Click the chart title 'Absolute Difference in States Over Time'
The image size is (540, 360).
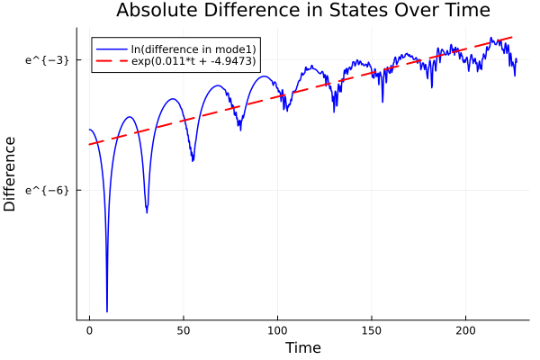(302, 11)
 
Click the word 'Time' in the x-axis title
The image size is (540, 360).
(302, 347)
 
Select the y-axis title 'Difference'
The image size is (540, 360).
(11, 173)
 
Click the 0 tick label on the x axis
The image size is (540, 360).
(89, 331)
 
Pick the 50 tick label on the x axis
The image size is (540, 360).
(184, 331)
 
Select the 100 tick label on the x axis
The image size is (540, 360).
(278, 331)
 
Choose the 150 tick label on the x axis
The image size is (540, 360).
(372, 331)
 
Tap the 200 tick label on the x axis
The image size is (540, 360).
(466, 331)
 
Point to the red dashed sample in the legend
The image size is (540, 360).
(112, 61)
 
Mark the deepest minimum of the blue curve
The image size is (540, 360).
(107, 310)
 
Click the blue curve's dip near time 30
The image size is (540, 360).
(147, 211)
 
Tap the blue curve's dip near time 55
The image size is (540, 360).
(193, 160)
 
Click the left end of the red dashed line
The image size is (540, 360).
(89, 144)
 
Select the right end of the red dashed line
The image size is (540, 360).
(513, 37)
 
